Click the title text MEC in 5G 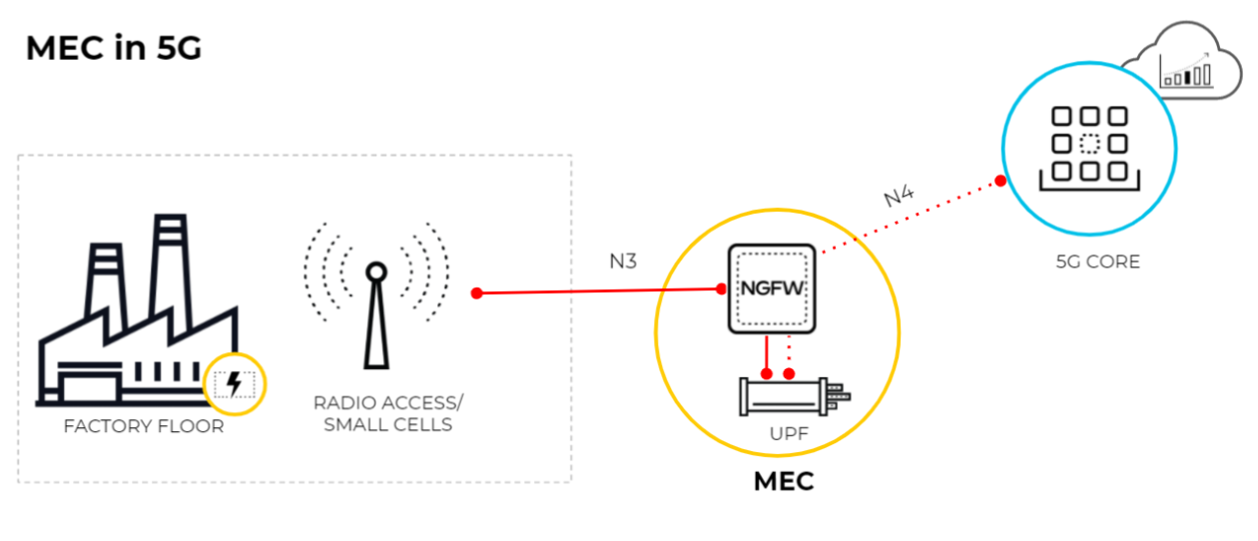tap(113, 47)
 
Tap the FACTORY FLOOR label tap(144, 427)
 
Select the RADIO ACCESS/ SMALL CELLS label tap(387, 414)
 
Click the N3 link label tap(623, 262)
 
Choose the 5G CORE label tap(1097, 263)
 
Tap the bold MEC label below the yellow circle tap(783, 481)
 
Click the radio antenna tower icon tap(376, 314)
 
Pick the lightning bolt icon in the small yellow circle tap(235, 383)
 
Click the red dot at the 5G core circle tap(999, 182)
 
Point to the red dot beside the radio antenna tap(477, 293)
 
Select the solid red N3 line tap(599, 291)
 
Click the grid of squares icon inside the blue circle tap(1089, 144)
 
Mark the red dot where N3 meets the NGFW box tap(721, 289)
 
